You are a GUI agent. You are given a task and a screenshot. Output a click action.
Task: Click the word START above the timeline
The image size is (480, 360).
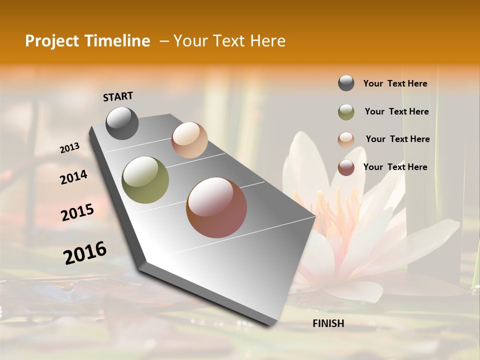(x=118, y=96)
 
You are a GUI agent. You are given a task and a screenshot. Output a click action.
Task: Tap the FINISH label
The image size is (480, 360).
(x=328, y=323)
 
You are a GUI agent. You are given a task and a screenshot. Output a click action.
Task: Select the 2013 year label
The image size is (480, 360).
(x=70, y=147)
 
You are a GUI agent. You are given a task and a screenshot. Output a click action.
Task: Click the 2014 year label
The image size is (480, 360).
(x=73, y=177)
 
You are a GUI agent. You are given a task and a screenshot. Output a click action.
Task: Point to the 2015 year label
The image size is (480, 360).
(x=77, y=212)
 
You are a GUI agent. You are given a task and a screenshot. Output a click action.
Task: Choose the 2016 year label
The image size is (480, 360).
(x=85, y=252)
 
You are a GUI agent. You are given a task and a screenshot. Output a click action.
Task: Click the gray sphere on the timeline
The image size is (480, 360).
(x=122, y=123)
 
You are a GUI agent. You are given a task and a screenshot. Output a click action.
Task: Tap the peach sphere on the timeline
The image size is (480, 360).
(x=189, y=140)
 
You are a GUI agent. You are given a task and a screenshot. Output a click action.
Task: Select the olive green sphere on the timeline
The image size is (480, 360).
(x=145, y=179)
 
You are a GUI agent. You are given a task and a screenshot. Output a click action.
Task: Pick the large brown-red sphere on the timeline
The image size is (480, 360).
(x=216, y=207)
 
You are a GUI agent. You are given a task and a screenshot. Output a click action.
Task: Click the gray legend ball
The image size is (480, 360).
(x=346, y=83)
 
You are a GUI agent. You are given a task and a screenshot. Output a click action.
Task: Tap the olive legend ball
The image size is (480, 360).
(x=346, y=112)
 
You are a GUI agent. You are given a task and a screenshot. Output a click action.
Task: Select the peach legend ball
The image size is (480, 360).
(x=346, y=139)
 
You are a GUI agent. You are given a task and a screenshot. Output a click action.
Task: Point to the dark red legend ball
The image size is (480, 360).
(x=346, y=167)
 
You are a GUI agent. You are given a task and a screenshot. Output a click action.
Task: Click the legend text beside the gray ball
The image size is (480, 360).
(x=395, y=83)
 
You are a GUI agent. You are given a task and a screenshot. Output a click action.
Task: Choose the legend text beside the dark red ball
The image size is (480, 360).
(x=395, y=167)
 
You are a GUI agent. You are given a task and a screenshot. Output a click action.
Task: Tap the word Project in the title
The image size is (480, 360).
(x=51, y=41)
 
